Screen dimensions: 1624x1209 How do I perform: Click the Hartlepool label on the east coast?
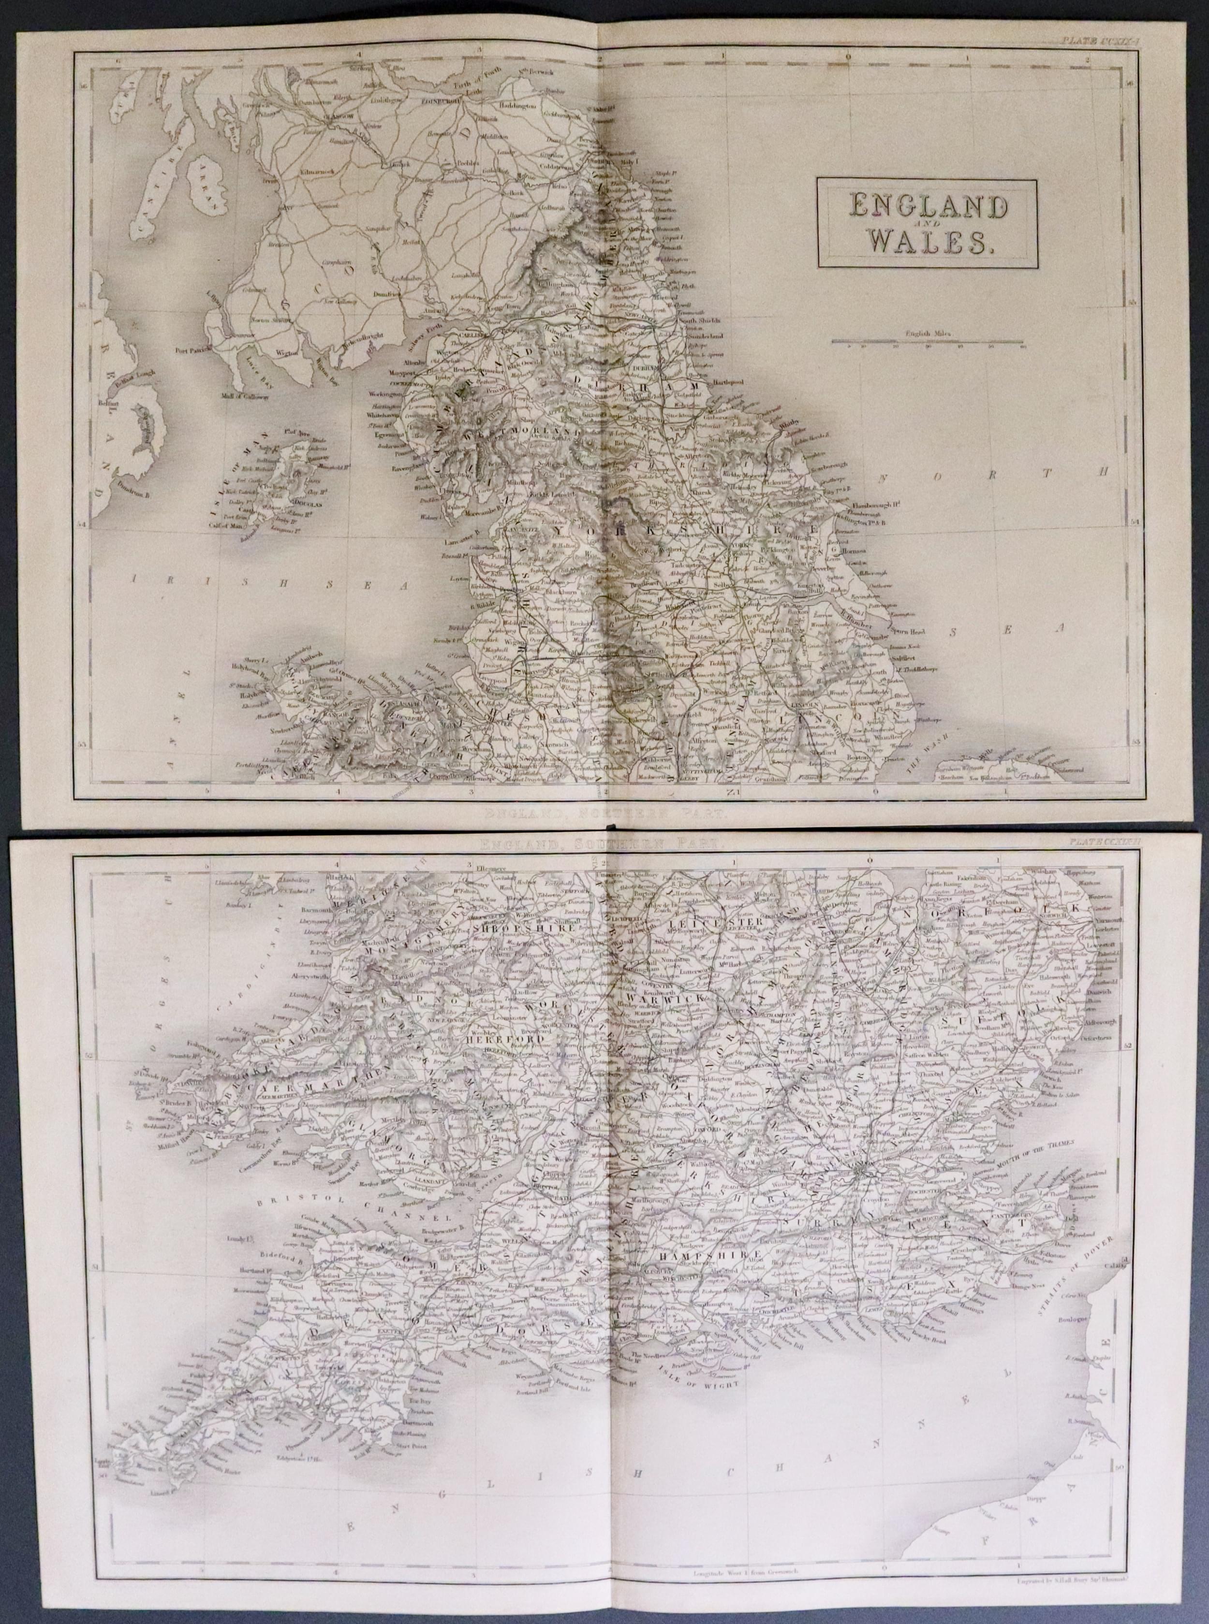pyautogui.click(x=731, y=383)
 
